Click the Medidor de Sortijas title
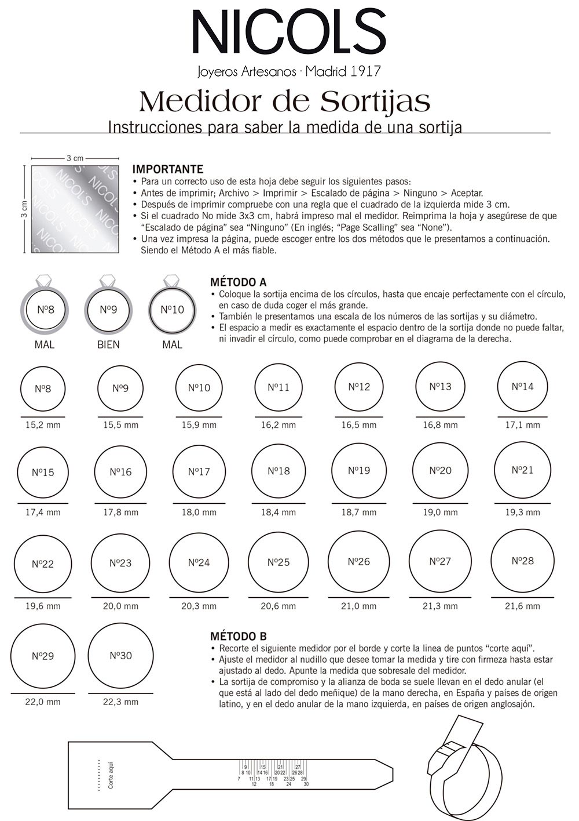pyautogui.click(x=284, y=101)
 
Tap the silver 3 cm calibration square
pyautogui.click(x=75, y=209)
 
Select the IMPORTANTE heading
pyautogui.click(x=168, y=169)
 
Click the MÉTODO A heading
pyautogui.click(x=238, y=282)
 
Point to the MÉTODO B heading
pyautogui.click(x=238, y=637)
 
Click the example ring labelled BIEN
pyautogui.click(x=108, y=310)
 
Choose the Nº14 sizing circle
pyautogui.click(x=523, y=387)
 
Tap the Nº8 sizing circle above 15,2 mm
pyautogui.click(x=43, y=388)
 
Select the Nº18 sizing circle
pyautogui.click(x=278, y=471)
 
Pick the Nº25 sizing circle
pyautogui.click(x=278, y=562)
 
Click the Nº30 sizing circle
pyautogui.click(x=120, y=656)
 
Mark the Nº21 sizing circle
pyautogui.click(x=523, y=470)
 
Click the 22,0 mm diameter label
pyautogui.click(x=43, y=702)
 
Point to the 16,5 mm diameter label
pyautogui.click(x=359, y=425)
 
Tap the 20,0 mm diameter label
pyautogui.click(x=120, y=606)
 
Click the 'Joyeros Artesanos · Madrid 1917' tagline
pyautogui.click(x=289, y=72)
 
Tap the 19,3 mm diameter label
pyautogui.click(x=523, y=513)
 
